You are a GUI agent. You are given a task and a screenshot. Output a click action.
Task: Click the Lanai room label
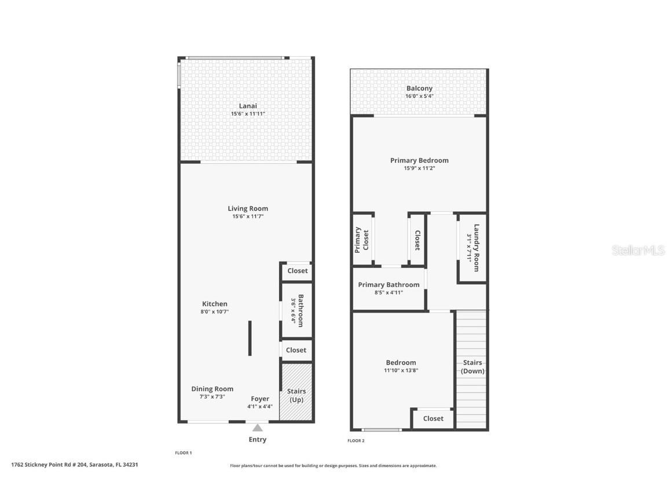(248, 106)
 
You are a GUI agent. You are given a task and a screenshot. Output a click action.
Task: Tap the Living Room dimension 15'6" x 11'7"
(248, 216)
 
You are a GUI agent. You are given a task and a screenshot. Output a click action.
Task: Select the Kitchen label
(214, 304)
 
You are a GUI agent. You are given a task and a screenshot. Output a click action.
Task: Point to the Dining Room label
(212, 389)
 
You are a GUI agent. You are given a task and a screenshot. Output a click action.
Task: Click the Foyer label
(259, 399)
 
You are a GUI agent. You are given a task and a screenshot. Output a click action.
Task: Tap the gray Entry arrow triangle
(258, 428)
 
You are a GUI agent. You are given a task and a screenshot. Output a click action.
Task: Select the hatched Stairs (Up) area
(296, 392)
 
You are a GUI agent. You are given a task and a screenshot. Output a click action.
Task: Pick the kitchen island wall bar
(250, 338)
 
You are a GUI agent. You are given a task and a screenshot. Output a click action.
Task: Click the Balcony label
(419, 89)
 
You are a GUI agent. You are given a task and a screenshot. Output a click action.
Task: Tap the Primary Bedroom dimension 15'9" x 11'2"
(419, 168)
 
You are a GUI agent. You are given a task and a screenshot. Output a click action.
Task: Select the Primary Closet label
(361, 240)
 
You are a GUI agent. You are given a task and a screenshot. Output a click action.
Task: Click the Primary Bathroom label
(389, 285)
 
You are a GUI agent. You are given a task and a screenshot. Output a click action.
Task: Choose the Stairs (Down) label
(473, 367)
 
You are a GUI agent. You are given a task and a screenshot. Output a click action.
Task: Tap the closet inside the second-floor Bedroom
(433, 418)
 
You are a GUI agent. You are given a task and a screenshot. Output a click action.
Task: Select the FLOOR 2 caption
(356, 441)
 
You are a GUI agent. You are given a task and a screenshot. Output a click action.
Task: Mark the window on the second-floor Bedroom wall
(382, 429)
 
